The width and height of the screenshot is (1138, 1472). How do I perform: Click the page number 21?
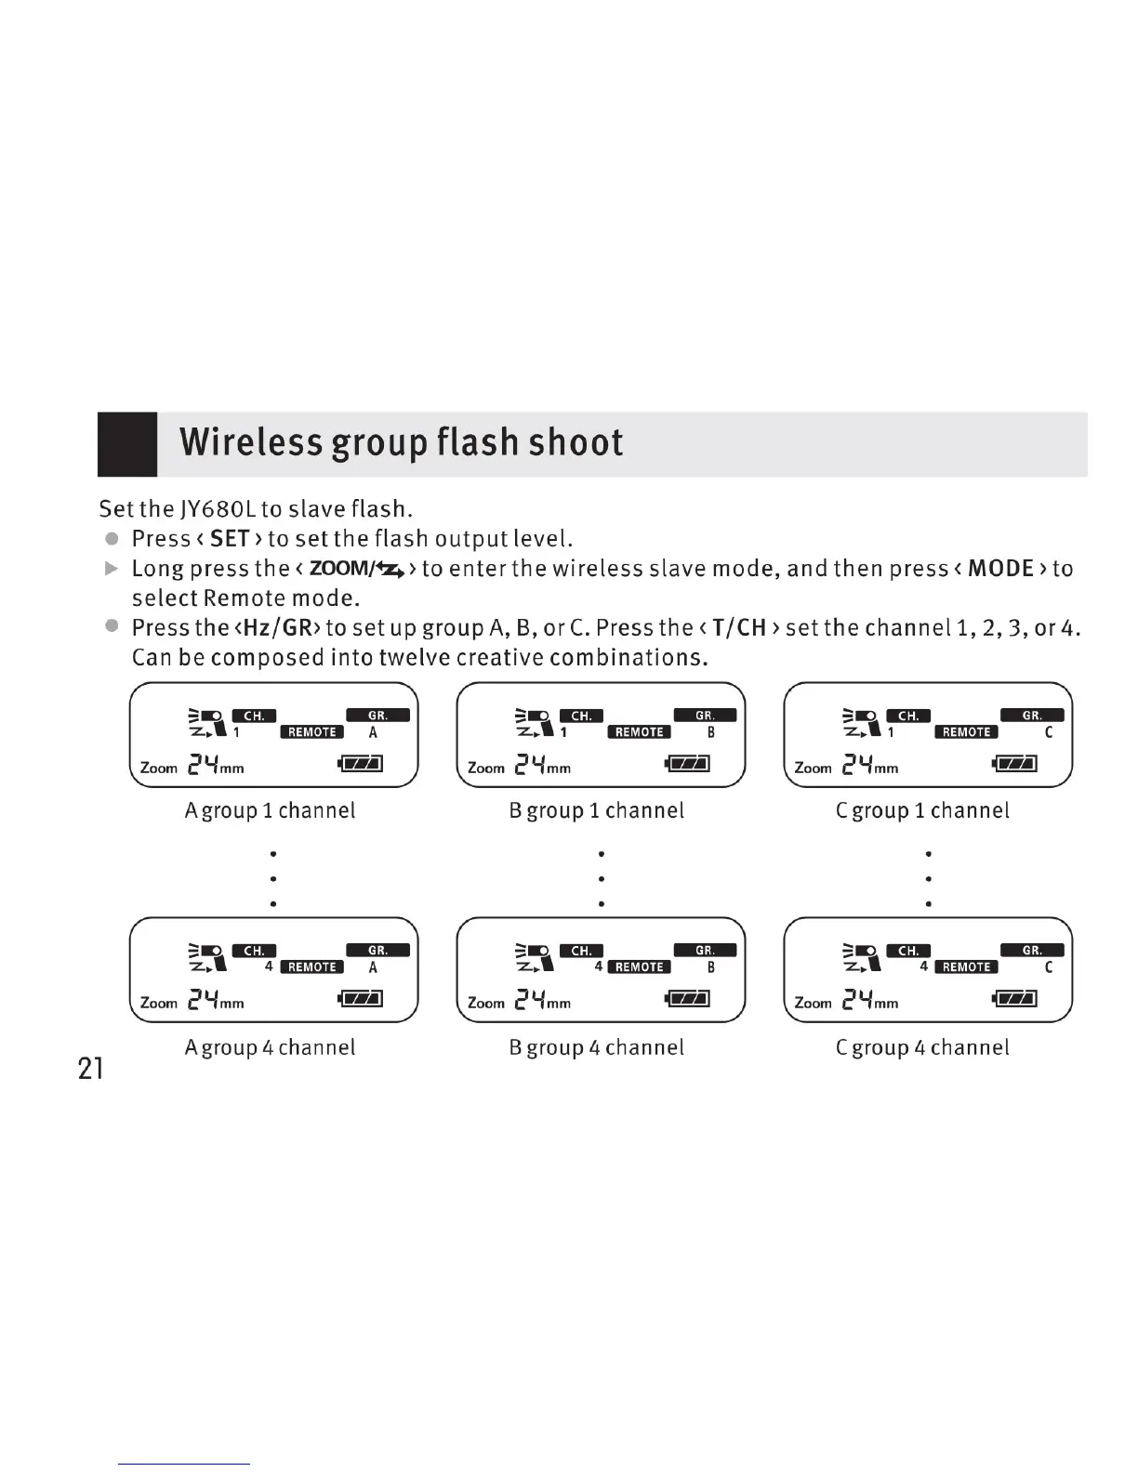coord(90,1069)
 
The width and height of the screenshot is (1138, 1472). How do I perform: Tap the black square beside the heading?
coord(127,444)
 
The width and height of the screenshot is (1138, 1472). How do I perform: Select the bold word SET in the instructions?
coord(230,539)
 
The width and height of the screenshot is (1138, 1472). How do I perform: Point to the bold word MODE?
coord(1000,569)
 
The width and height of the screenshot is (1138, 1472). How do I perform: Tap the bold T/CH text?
coord(739,628)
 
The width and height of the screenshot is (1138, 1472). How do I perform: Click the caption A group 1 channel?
coord(270,810)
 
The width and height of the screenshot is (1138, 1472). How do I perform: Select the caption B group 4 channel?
coord(597,1047)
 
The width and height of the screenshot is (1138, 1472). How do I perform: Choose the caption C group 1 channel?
coord(922,810)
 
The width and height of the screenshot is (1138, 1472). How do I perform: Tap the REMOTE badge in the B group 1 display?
coord(639,732)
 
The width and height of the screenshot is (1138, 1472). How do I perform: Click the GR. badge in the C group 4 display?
coord(1031,951)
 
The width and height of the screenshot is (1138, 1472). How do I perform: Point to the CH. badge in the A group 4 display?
coord(254,951)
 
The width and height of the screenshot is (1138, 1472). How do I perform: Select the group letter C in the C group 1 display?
coord(1049,732)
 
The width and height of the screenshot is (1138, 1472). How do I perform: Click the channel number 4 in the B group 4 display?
coord(599,966)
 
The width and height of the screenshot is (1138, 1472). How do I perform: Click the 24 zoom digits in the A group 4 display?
coord(204,1001)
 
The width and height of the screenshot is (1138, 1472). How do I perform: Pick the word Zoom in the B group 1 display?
coord(486,768)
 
